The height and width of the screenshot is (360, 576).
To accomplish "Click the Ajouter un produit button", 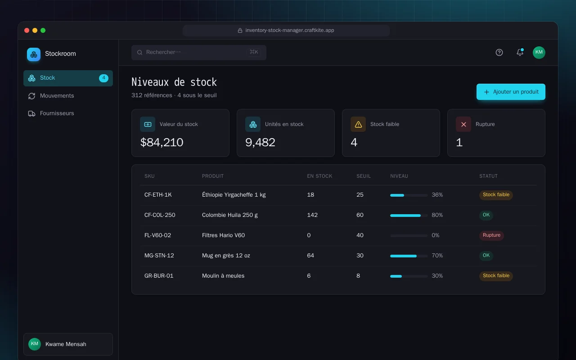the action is [x=511, y=92].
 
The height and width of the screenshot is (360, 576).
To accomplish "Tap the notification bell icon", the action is [x=520, y=52].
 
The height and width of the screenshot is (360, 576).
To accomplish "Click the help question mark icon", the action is [x=499, y=53].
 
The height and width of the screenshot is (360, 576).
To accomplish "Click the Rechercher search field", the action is [x=199, y=53].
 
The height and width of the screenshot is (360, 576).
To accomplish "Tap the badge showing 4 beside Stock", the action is [x=103, y=78].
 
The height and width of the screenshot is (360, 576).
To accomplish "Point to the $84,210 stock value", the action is [x=162, y=142].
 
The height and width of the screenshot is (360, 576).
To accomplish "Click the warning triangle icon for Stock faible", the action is [x=358, y=125].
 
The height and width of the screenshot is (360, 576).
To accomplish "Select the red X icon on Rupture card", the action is [x=463, y=125].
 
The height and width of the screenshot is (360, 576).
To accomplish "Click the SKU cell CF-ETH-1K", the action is [x=158, y=195].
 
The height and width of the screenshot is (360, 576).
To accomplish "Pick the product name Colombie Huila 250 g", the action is [x=229, y=215].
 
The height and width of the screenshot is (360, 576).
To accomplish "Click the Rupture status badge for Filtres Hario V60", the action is [x=491, y=235].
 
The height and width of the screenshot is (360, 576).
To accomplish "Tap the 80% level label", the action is [x=437, y=215].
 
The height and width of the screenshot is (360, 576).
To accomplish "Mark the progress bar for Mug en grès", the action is [x=409, y=256].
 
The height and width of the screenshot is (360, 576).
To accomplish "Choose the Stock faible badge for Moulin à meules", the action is [x=496, y=276].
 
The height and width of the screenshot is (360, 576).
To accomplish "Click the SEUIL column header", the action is [x=363, y=176].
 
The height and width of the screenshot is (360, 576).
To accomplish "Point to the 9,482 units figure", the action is [x=260, y=142].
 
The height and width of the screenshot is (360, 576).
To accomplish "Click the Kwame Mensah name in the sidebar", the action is [x=66, y=344].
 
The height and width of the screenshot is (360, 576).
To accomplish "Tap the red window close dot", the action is [x=27, y=31].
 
